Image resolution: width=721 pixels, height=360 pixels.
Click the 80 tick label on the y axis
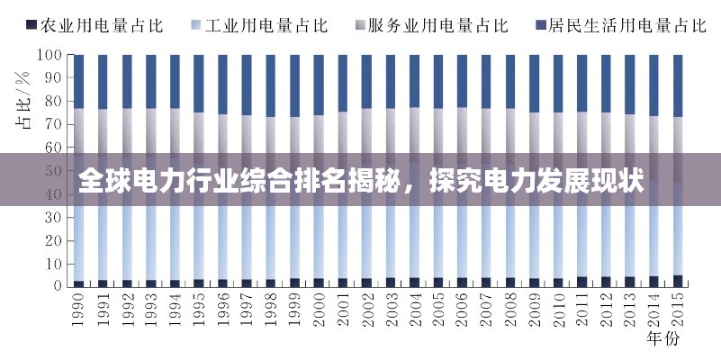pyautogui.click(x=52, y=101)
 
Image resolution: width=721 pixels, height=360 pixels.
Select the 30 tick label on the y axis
pyautogui.click(x=52, y=217)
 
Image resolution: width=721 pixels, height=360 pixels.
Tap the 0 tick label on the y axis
pyautogui.click(x=56, y=286)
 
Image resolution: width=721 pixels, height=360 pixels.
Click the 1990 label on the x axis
pyautogui.click(x=79, y=310)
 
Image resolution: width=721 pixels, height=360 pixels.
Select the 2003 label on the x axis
pyautogui.click(x=390, y=310)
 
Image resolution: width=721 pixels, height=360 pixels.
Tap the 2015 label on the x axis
pyautogui.click(x=677, y=310)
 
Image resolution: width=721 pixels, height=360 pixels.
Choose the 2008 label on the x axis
pyautogui.click(x=509, y=310)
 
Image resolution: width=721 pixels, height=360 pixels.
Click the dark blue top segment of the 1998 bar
pyautogui.click(x=270, y=85)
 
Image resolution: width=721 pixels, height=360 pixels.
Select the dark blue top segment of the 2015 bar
pyautogui.click(x=677, y=85)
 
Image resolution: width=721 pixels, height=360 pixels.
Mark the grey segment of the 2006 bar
pyautogui.click(x=462, y=130)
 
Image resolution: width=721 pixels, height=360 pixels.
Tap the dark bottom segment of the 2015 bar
pyautogui.click(x=677, y=281)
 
